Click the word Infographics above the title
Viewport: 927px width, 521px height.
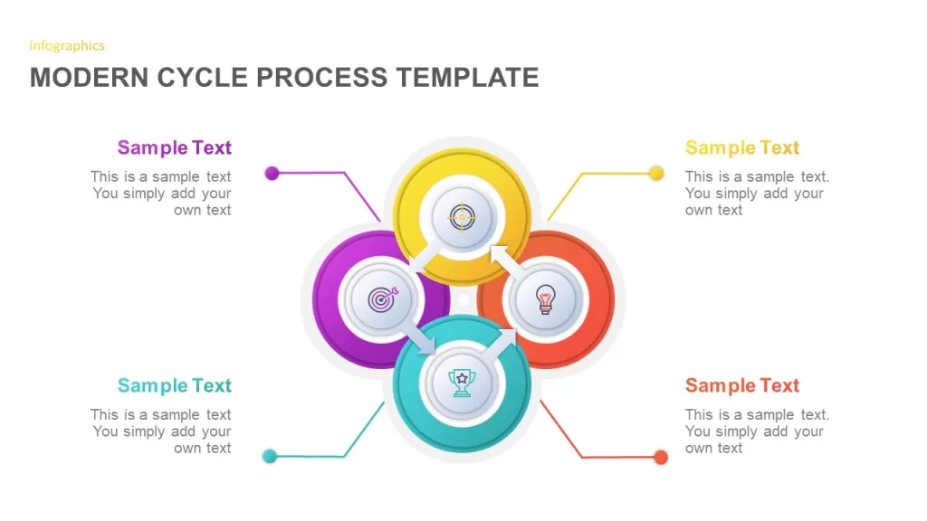click(67, 46)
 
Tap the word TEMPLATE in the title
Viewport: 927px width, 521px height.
click(467, 78)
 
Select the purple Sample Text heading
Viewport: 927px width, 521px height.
click(175, 147)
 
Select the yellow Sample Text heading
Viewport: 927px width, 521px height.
click(742, 147)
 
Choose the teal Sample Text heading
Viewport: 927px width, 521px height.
click(175, 385)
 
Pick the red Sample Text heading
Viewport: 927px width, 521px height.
click(742, 385)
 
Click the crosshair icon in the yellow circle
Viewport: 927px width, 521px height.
click(462, 217)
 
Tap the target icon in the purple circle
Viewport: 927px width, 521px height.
click(383, 299)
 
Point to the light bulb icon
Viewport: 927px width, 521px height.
click(545, 298)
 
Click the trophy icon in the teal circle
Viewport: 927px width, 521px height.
click(462, 383)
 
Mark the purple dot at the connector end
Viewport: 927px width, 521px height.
click(272, 173)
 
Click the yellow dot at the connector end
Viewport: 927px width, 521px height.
click(656, 173)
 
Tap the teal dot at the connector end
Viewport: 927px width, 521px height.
click(270, 456)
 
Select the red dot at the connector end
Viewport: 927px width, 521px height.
click(661, 457)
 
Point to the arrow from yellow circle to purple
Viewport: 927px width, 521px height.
click(425, 255)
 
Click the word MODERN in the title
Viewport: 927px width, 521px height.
click(89, 78)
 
